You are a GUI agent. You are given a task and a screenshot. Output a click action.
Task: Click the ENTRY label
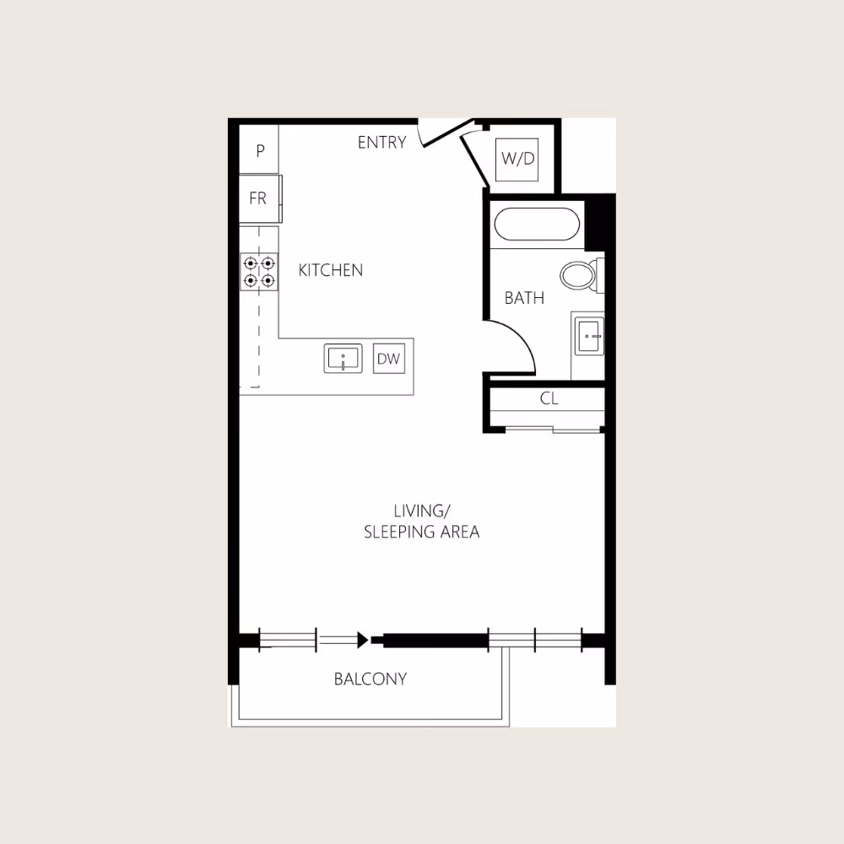(381, 143)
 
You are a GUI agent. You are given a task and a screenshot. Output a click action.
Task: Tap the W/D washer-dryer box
(518, 159)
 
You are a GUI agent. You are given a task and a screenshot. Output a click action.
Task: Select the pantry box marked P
(260, 150)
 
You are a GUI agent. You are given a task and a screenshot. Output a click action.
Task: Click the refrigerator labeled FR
(258, 198)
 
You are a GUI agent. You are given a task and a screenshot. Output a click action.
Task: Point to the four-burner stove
(259, 271)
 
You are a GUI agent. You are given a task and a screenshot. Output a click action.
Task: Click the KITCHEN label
(331, 270)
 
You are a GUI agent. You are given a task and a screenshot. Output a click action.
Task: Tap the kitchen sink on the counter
(344, 358)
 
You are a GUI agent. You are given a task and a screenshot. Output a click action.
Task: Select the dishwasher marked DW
(388, 359)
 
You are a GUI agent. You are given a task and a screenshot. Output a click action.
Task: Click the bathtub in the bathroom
(537, 225)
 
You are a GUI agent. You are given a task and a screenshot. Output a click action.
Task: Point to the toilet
(579, 274)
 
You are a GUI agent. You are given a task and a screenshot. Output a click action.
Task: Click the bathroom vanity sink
(588, 336)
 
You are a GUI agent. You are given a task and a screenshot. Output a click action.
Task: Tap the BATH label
(524, 298)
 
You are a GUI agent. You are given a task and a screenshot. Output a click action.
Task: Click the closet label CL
(549, 399)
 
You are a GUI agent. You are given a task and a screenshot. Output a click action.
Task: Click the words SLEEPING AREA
(421, 532)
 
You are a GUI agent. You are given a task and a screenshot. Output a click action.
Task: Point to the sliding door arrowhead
(363, 641)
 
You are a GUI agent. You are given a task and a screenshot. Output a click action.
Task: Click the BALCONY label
(370, 679)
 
